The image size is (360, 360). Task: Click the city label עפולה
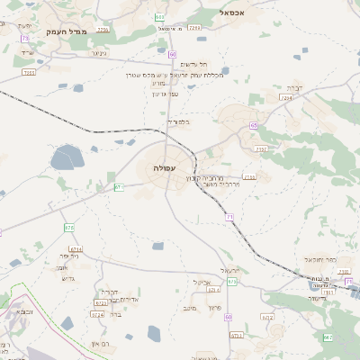164,168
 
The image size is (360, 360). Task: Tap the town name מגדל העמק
68,32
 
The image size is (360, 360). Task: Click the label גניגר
99,53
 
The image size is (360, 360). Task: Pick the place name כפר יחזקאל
325,259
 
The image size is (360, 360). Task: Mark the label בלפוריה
178,121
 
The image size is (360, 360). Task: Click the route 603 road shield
159,16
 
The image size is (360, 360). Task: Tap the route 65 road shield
255,125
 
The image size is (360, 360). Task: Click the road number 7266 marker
195,28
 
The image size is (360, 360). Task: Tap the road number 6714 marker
76,249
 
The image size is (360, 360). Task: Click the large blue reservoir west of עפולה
66,159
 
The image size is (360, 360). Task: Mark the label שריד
26,53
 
